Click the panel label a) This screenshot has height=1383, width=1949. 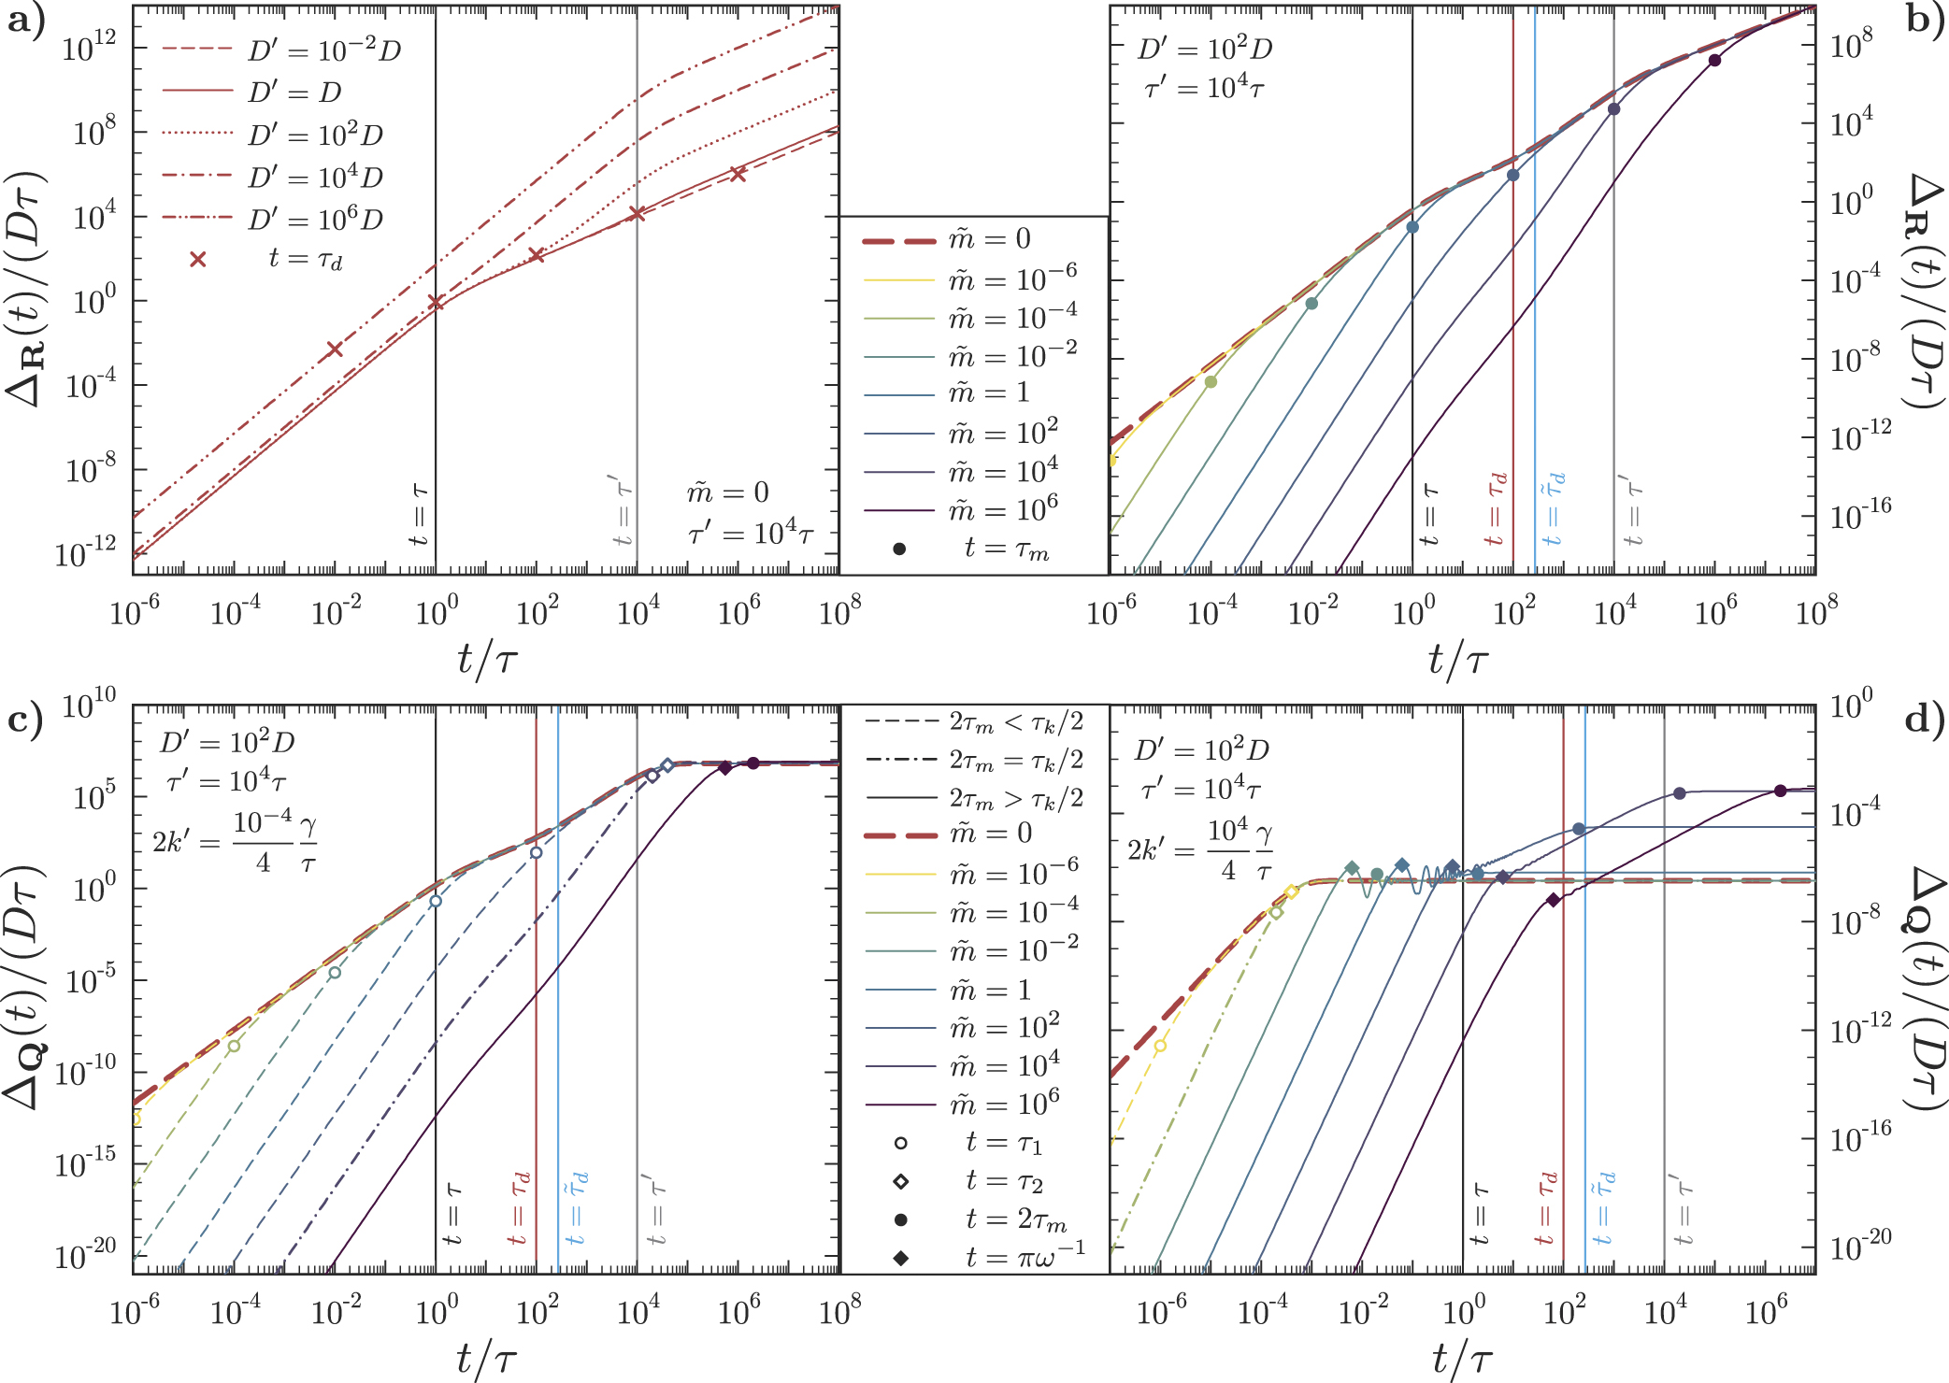(25, 21)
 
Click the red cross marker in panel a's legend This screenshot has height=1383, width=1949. (198, 259)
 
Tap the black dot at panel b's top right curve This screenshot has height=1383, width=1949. (1714, 61)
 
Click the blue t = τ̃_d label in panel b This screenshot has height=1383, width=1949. (1552, 508)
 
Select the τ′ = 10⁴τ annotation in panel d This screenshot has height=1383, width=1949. (1201, 790)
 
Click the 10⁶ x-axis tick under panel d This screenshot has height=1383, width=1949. (1766, 1312)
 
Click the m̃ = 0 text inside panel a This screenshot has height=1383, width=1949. (728, 492)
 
